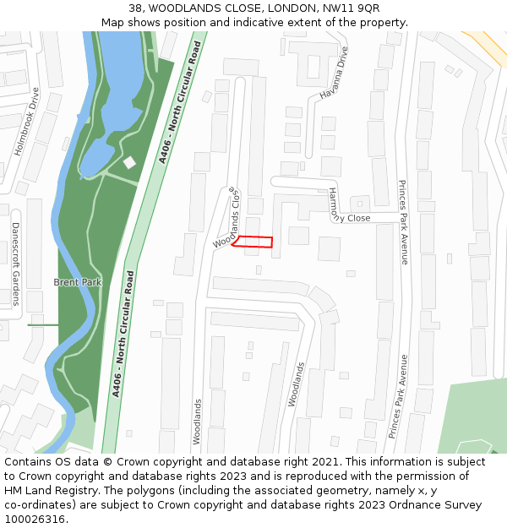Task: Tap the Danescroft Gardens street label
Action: [15, 264]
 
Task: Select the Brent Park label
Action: [77, 282]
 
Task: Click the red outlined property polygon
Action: [254, 242]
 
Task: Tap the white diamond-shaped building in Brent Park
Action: [129, 161]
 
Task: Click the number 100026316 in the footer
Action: [33, 519]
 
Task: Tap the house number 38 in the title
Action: [135, 8]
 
